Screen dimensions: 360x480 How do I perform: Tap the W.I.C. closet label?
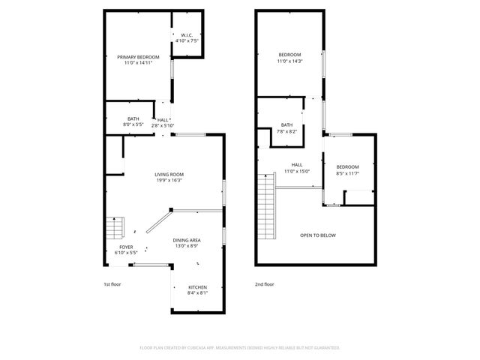tap(187, 35)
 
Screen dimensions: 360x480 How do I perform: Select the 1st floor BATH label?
tap(133, 118)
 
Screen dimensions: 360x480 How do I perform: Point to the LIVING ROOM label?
tap(169, 174)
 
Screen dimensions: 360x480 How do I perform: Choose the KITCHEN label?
tap(197, 287)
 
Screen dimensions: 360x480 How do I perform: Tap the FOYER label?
tap(126, 247)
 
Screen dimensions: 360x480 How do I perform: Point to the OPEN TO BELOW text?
tap(318, 235)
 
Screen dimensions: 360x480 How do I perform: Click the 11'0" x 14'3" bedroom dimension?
tap(290, 61)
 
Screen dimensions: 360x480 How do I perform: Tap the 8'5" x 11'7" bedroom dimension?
tap(347, 173)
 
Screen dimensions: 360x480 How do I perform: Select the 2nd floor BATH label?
tap(286, 125)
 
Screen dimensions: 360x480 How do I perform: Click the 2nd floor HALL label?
tap(297, 164)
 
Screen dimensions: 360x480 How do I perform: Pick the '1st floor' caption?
tap(112, 284)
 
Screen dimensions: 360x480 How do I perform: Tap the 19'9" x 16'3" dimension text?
tap(169, 181)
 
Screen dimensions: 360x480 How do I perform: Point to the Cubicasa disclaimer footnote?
tap(240, 348)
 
